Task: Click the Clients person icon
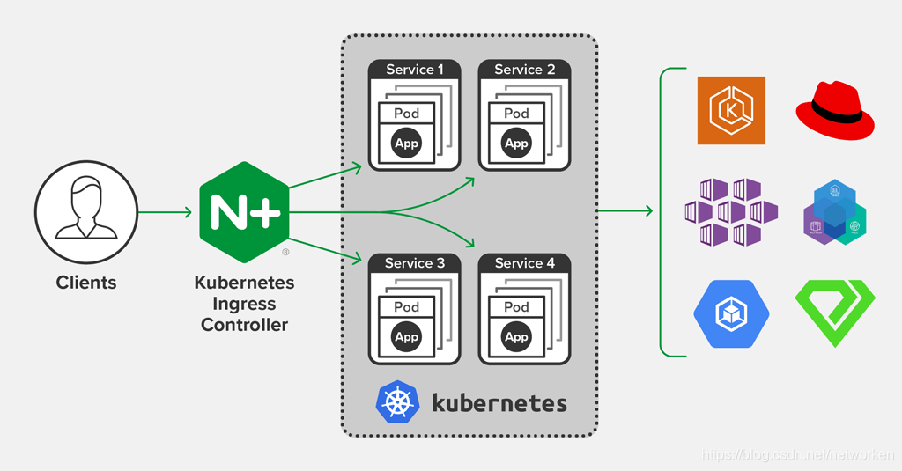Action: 86,212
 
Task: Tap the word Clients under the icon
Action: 86,283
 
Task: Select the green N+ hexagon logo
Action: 244,212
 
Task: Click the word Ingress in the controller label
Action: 244,305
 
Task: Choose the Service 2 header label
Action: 525,70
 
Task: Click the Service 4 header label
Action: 525,263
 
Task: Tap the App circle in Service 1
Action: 406,143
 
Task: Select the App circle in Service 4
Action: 516,336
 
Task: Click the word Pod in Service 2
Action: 516,113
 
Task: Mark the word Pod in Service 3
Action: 406,306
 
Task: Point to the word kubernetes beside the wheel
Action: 499,403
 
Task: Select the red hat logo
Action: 834,110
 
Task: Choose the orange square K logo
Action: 731,110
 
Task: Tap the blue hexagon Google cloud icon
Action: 731,314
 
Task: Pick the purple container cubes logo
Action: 731,212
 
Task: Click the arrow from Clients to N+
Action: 165,212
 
